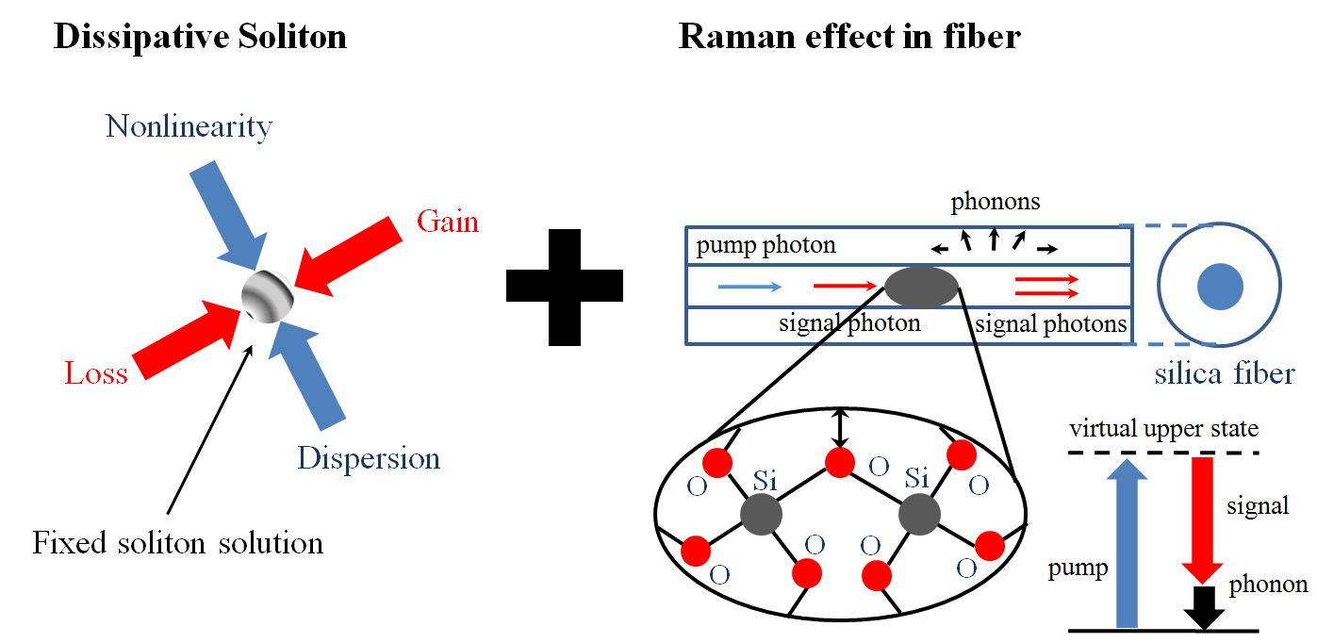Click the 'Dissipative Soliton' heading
tap(200, 37)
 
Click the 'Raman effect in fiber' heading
tap(849, 37)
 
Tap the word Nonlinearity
tap(189, 126)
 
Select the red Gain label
tap(448, 222)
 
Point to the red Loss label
tap(96, 373)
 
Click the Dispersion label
tap(369, 458)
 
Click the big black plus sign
tap(565, 285)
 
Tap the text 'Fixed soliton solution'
tap(177, 543)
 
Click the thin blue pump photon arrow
tap(749, 285)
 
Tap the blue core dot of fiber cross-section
tap(1220, 287)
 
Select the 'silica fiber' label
tap(1224, 374)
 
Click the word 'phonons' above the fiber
tap(995, 202)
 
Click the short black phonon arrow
tap(1203, 607)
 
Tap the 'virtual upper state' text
tap(1163, 429)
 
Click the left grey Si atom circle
tap(761, 515)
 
